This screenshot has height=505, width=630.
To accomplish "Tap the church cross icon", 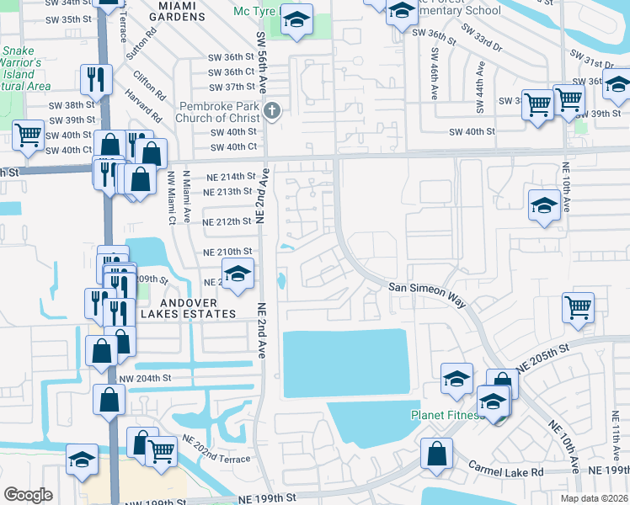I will click(271, 110).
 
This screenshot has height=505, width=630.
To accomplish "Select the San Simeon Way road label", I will click(427, 288).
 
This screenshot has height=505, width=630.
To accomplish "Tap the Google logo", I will click(28, 495).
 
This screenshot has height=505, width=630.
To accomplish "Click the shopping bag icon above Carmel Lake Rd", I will click(436, 454).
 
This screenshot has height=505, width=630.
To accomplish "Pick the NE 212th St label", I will click(227, 222).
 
